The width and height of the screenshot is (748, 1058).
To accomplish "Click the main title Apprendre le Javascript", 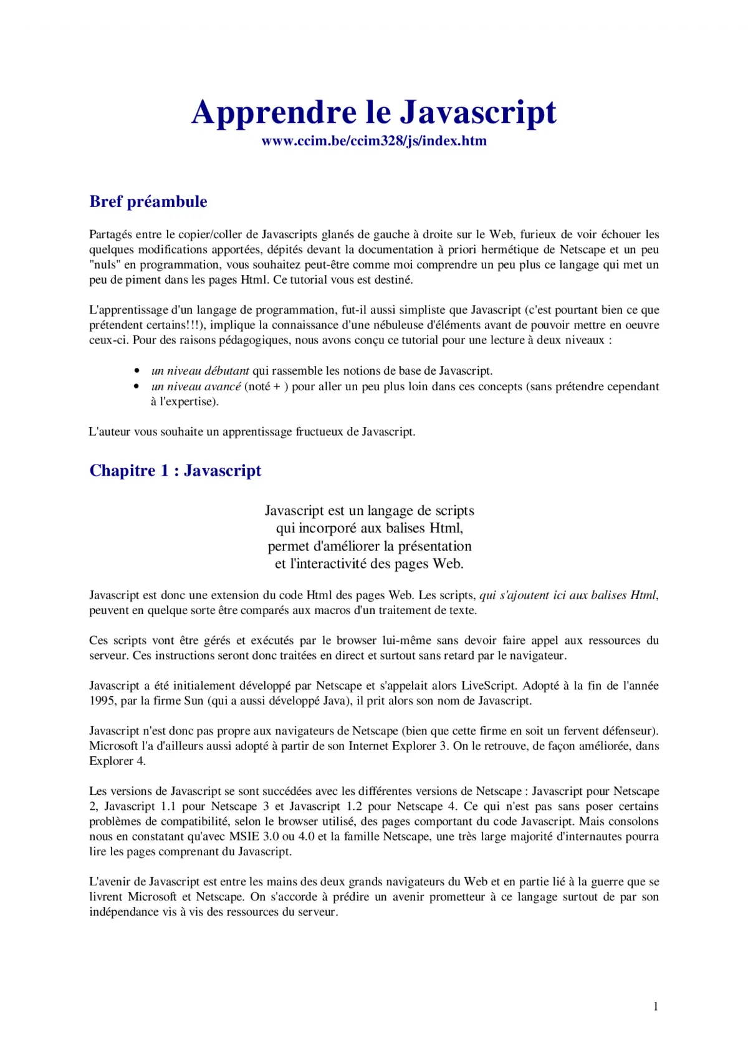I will (373, 112).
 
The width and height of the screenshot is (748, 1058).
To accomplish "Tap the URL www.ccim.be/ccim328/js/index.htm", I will (374, 141).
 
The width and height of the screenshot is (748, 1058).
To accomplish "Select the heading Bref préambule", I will (148, 201).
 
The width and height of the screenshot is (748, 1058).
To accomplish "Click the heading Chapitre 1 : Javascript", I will (175, 470).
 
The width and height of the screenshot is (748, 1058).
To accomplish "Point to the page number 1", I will (655, 1006).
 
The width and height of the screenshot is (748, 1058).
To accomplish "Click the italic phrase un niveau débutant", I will (200, 371).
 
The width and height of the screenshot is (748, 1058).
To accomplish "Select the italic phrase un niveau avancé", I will (196, 387).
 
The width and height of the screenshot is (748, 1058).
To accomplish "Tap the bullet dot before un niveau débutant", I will (137, 371).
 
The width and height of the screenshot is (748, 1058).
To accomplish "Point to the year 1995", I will (102, 701).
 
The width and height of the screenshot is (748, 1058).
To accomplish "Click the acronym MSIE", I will (244, 837).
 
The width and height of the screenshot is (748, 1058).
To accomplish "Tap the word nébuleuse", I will (395, 325).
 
